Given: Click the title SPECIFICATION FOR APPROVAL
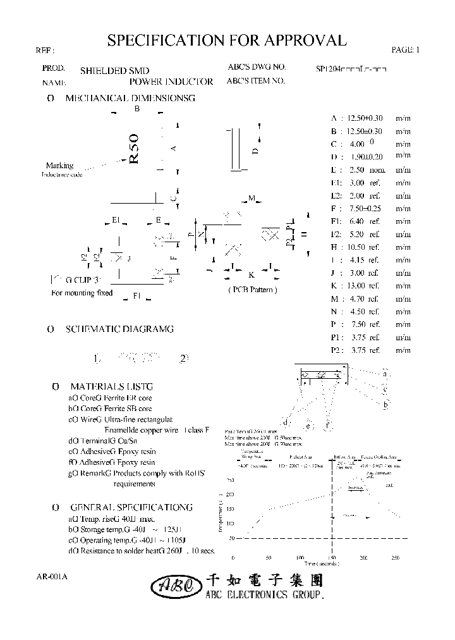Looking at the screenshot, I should click(x=227, y=41).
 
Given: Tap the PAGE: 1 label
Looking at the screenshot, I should click(x=405, y=50).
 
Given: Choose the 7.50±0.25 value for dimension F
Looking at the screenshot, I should click(x=365, y=208).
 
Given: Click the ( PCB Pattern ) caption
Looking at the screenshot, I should click(x=252, y=290).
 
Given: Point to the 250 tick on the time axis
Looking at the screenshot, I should click(x=396, y=558).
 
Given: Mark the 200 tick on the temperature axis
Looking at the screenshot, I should click(x=229, y=494).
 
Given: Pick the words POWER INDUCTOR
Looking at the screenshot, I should click(x=171, y=82).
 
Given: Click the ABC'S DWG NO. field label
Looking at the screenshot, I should click(x=257, y=66).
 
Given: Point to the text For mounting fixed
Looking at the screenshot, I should click(x=82, y=293).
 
